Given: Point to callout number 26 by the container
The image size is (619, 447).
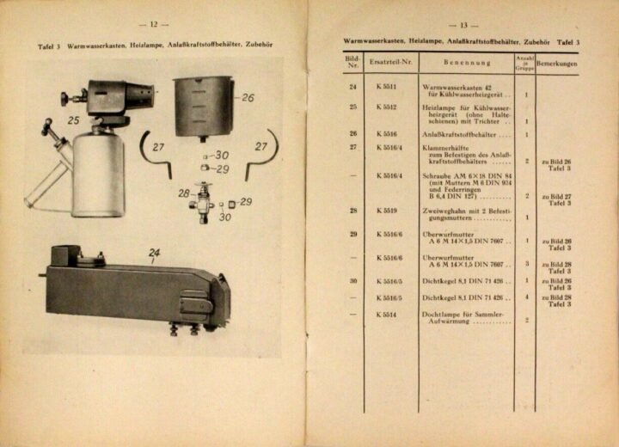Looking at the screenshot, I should pyautogui.click(x=248, y=98).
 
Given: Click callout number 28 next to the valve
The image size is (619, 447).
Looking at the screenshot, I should pyautogui.click(x=184, y=193).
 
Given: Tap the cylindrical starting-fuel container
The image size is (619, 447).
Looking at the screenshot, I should pyautogui.click(x=203, y=105).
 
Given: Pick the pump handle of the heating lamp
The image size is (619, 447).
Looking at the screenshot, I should pyautogui.click(x=49, y=128).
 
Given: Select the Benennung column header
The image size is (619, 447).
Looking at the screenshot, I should pyautogui.click(x=467, y=63).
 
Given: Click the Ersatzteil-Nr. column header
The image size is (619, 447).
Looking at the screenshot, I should pyautogui.click(x=393, y=63).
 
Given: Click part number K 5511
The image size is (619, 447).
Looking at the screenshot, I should pyautogui.click(x=386, y=88).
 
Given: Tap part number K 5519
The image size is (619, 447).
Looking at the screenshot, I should pyautogui.click(x=386, y=210).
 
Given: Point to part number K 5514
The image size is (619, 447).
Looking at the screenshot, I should pyautogui.click(x=386, y=314).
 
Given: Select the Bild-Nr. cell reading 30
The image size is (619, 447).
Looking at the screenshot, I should pyautogui.click(x=352, y=280).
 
